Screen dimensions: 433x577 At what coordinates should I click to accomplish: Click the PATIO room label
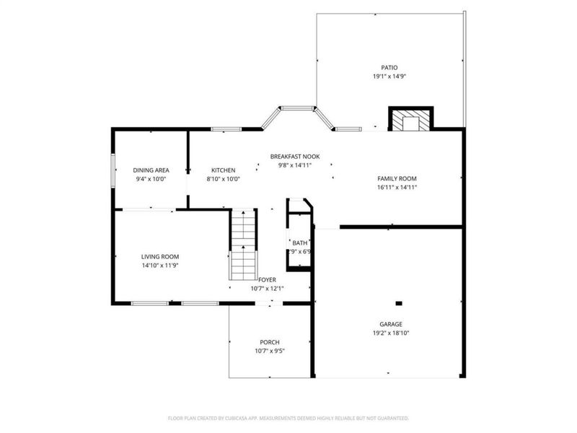tap(389, 67)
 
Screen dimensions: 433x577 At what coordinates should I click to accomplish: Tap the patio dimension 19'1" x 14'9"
tap(389, 76)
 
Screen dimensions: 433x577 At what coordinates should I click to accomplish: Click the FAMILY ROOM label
tap(397, 178)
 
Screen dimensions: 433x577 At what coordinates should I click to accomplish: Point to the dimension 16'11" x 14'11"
tap(397, 187)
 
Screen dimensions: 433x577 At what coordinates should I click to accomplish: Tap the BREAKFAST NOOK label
tap(295, 156)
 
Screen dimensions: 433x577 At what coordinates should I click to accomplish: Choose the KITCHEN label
tap(224, 170)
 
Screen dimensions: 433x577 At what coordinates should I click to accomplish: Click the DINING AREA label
tap(151, 170)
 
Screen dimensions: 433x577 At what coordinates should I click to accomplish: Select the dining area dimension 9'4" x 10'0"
tap(151, 179)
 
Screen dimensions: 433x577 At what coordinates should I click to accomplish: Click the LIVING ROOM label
tap(159, 256)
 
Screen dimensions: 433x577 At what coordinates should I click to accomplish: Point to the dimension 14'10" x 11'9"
tap(159, 265)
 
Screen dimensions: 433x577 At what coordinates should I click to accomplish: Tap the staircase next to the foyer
tap(244, 245)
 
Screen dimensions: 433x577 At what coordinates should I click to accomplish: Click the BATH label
tap(299, 243)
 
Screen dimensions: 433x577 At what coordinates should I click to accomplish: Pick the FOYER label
tap(267, 279)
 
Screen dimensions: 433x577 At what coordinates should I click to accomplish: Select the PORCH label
tap(270, 342)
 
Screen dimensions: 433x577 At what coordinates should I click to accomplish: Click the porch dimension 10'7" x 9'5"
tap(270, 351)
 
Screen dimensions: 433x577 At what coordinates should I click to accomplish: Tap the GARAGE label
tap(392, 324)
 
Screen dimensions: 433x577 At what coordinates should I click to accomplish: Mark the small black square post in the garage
tap(399, 303)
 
